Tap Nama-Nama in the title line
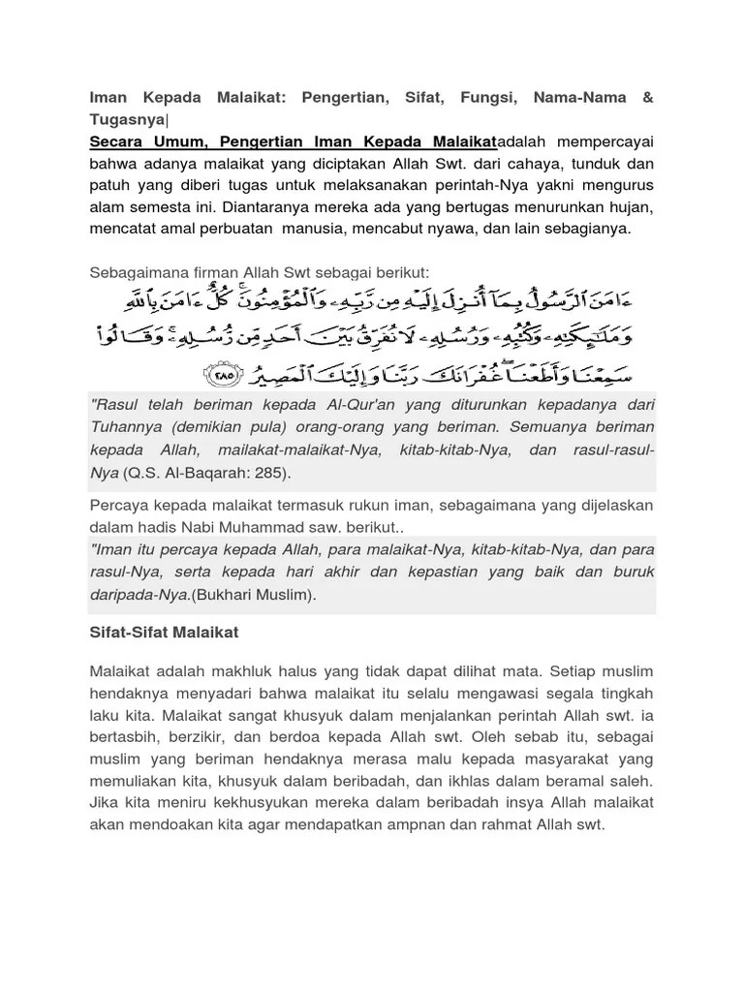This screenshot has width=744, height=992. click(587, 97)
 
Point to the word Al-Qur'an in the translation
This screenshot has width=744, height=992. click(360, 404)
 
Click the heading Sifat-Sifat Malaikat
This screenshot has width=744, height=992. click(164, 633)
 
